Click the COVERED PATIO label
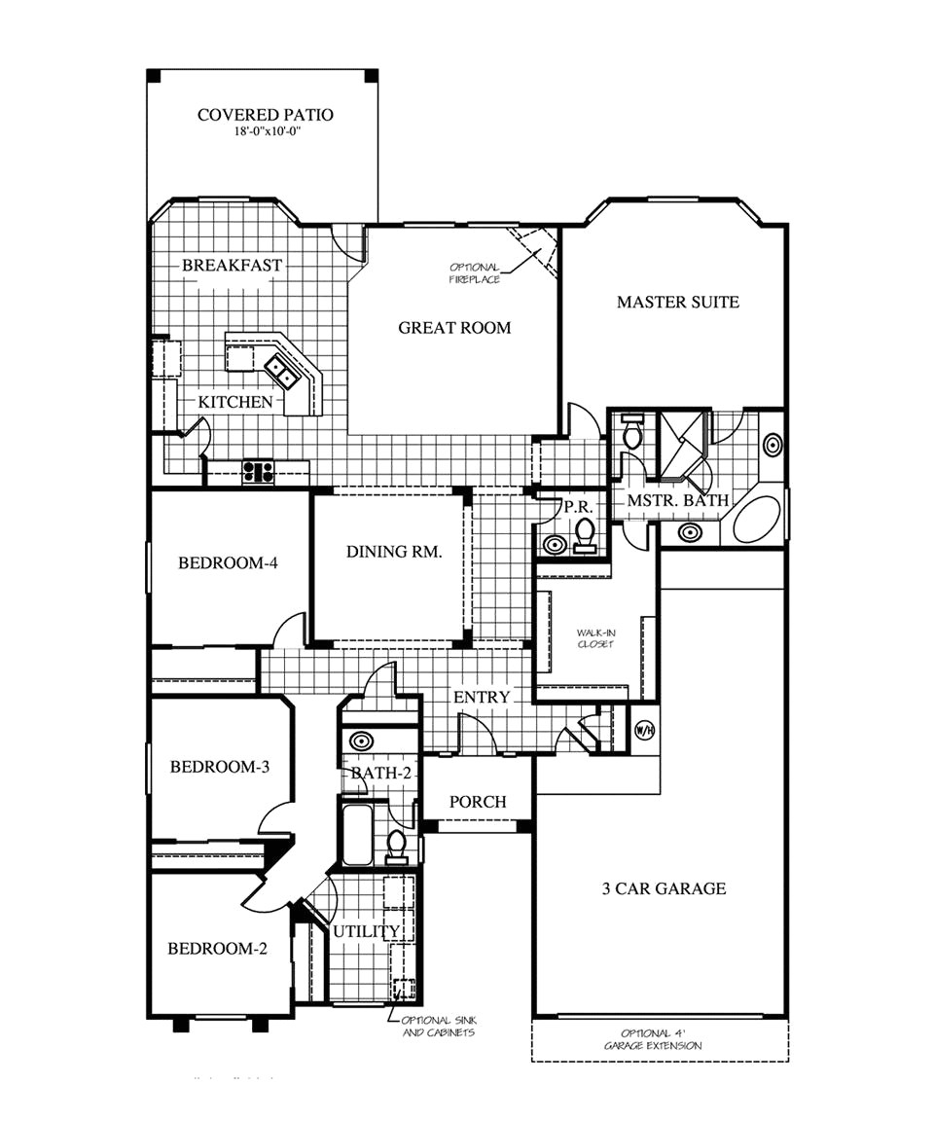(x=265, y=115)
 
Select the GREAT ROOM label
(x=454, y=328)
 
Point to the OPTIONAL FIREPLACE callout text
(x=475, y=273)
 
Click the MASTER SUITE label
(x=678, y=303)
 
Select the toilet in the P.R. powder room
(x=585, y=533)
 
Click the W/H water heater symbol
(x=643, y=729)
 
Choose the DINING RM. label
(x=394, y=552)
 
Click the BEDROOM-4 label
(x=230, y=563)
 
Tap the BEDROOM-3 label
(x=219, y=767)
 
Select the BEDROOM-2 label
(x=217, y=949)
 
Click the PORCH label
(x=478, y=802)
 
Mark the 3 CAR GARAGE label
(x=664, y=888)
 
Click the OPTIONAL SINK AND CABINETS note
(x=437, y=1027)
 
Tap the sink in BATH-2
(x=360, y=741)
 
